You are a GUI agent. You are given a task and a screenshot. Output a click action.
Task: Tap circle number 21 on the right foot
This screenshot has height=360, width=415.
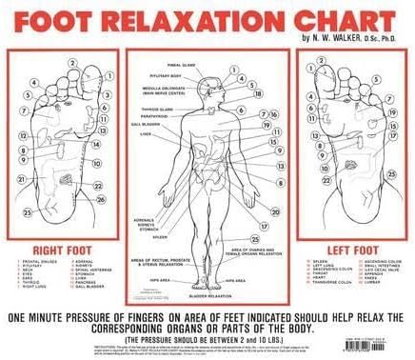23,178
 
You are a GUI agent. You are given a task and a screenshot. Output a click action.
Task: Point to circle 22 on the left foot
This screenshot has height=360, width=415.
326,179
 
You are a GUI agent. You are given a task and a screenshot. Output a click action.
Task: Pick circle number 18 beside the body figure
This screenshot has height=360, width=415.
259,93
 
